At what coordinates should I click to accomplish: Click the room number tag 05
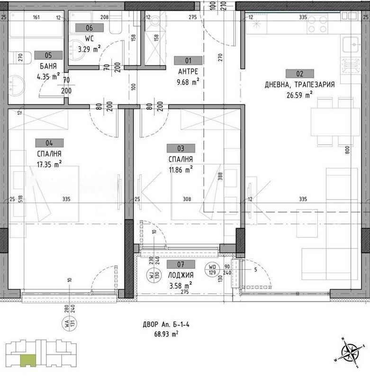[x=48, y=55]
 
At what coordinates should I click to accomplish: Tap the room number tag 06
[x=89, y=28]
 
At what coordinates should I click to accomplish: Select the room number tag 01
[x=188, y=60]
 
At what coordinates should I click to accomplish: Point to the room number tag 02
[x=299, y=74]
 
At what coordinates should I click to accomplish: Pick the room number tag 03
[x=180, y=148]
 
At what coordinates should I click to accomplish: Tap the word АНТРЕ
[x=188, y=71]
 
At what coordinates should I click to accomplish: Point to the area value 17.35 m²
[x=50, y=165]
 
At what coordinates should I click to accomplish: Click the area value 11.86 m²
[x=180, y=169]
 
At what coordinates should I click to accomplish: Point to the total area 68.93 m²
[x=166, y=334]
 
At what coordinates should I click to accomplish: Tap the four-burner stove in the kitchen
[x=318, y=24]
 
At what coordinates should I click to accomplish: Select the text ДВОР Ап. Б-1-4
[x=167, y=325]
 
